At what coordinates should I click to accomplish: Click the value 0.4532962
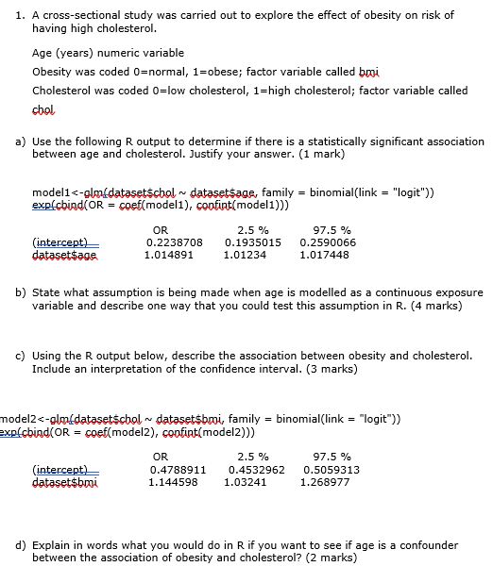coord(257,469)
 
